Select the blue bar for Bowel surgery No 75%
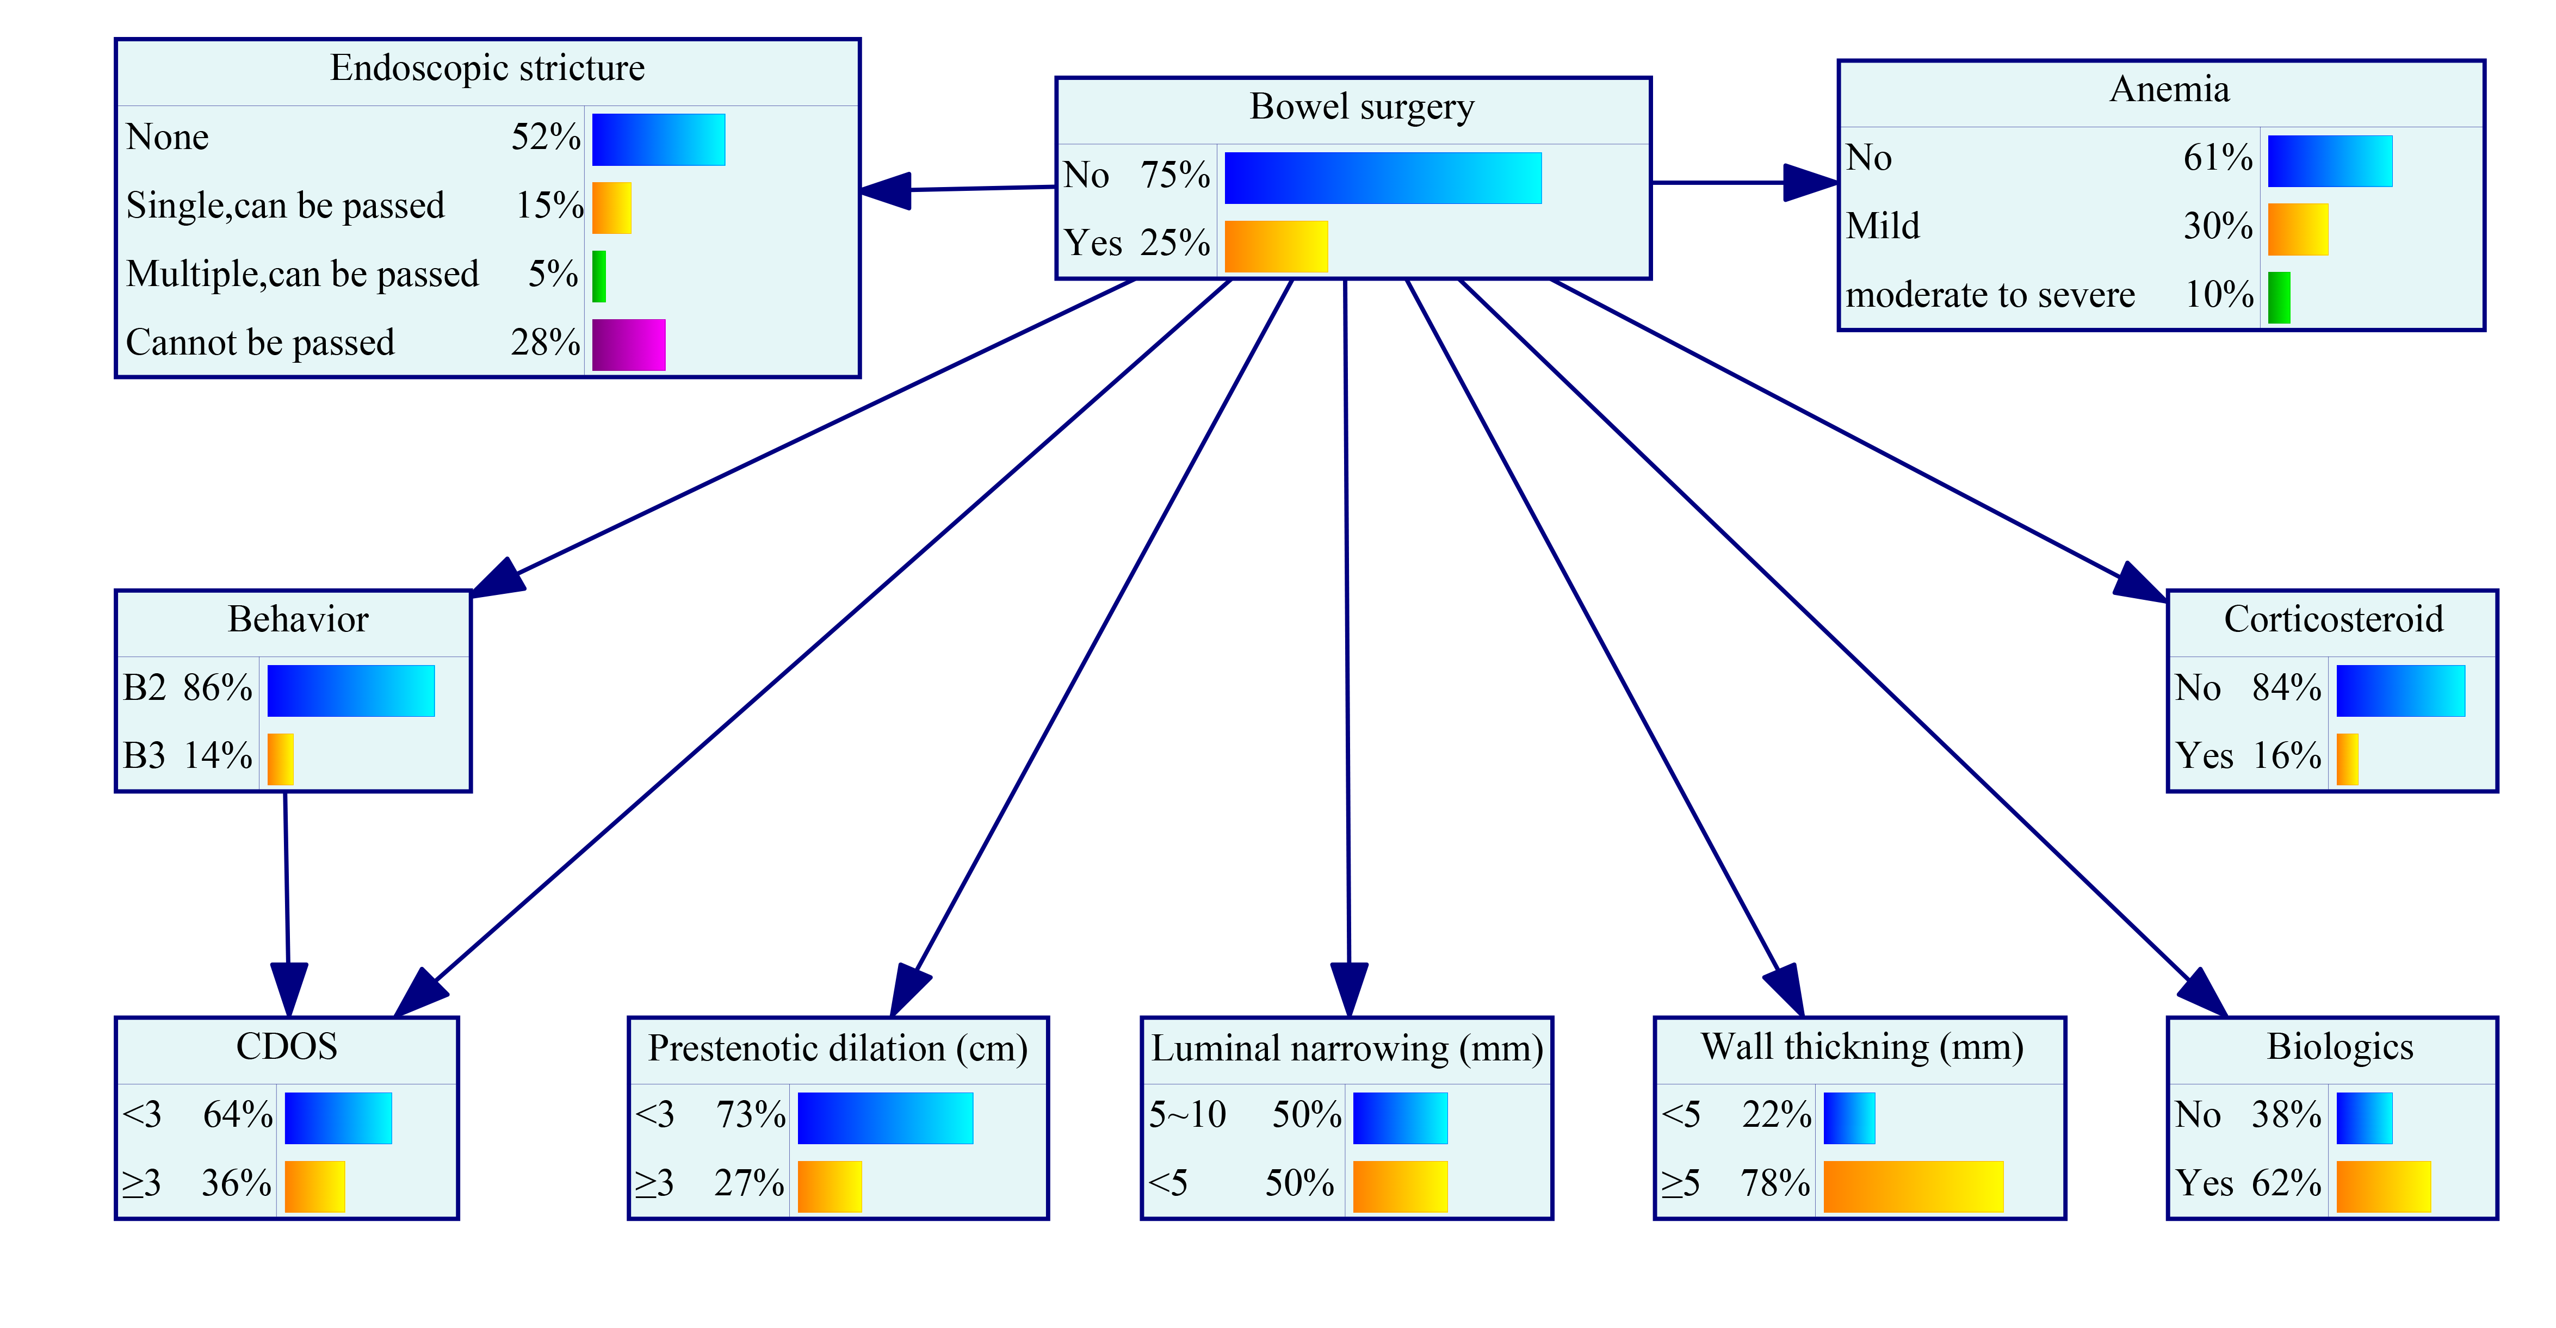[x=1383, y=178]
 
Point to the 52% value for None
[x=546, y=137]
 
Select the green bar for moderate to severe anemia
[x=2279, y=297]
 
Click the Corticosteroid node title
[x=2333, y=619]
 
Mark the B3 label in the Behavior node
[x=144, y=756]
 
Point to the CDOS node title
[x=287, y=1046]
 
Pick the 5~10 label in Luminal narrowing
[x=1188, y=1115]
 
